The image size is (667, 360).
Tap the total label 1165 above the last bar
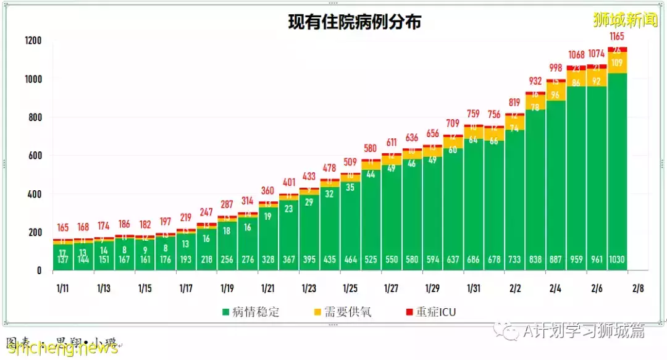point(617,36)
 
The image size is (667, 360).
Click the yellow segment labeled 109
point(617,62)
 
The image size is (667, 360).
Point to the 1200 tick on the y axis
point(33,41)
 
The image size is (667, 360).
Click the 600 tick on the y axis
point(35,156)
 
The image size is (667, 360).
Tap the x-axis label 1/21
point(267,288)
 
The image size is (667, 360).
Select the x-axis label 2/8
point(637,288)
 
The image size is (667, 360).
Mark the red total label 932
point(535,81)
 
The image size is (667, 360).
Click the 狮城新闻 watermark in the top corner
point(625,20)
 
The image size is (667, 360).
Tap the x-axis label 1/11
point(63,288)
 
